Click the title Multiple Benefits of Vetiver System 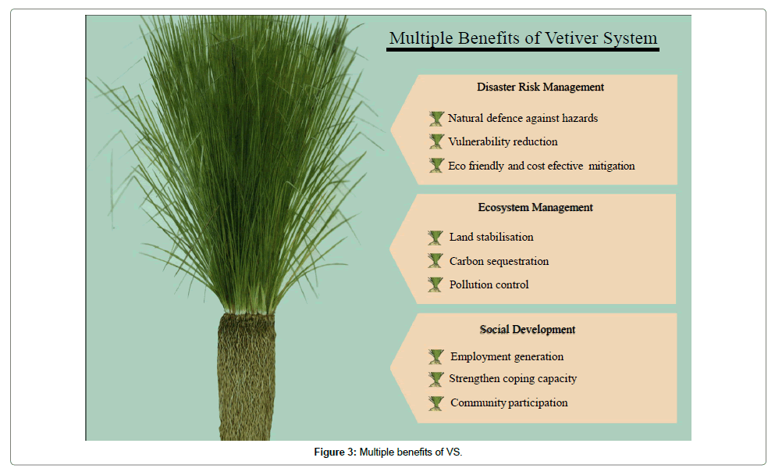[523, 38]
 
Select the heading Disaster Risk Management [540, 87]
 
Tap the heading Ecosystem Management [535, 207]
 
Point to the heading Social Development [528, 330]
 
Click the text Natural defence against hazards [523, 118]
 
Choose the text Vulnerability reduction [503, 142]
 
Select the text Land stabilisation [491, 237]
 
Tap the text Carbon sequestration [499, 261]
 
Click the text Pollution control [489, 284]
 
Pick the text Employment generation [507, 356]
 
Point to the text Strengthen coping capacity [513, 379]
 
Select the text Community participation [509, 402]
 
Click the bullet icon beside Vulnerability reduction [436, 141]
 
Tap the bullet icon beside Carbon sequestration [435, 260]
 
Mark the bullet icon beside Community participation [436, 403]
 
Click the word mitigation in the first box [611, 166]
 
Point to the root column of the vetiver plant [246, 377]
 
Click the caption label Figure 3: [335, 452]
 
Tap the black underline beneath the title [522, 49]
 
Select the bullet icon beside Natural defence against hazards [436, 119]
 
